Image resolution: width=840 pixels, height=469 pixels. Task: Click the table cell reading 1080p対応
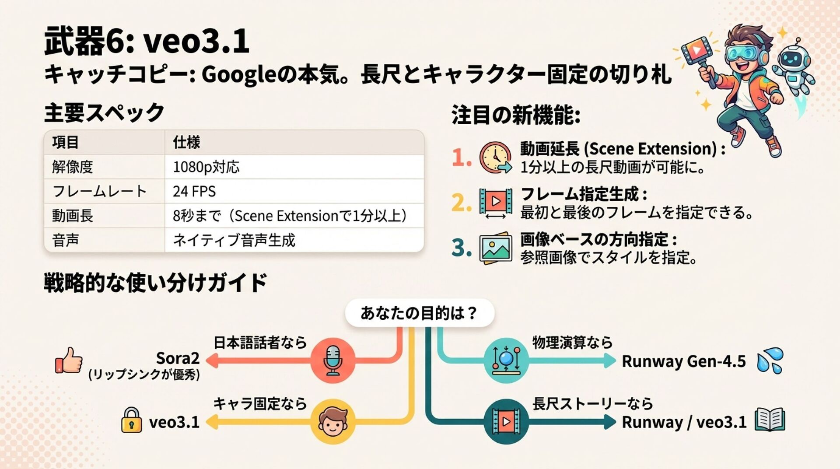[206, 167]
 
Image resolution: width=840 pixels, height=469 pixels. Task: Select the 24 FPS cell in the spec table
[194, 191]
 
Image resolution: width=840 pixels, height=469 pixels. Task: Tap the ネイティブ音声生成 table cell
[234, 240]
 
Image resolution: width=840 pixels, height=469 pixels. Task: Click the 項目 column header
[65, 142]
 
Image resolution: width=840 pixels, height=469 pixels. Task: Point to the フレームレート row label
[99, 191]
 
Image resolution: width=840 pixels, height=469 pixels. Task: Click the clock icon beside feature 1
[496, 157]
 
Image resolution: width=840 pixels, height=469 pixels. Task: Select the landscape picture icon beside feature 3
[496, 248]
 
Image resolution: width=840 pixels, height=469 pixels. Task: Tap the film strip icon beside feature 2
[496, 202]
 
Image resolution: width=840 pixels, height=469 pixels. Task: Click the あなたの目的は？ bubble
[419, 313]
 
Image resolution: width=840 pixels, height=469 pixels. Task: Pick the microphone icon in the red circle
[332, 360]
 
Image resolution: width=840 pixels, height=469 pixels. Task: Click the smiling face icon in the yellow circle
[332, 421]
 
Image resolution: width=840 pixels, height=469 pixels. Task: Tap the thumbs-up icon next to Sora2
[69, 360]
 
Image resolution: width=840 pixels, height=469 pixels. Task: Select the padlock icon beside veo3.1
[131, 420]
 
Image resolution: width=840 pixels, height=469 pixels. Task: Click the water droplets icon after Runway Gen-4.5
[770, 360]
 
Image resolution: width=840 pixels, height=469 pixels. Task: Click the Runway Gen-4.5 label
[683, 361]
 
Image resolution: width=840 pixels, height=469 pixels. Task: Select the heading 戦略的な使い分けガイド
[155, 283]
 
